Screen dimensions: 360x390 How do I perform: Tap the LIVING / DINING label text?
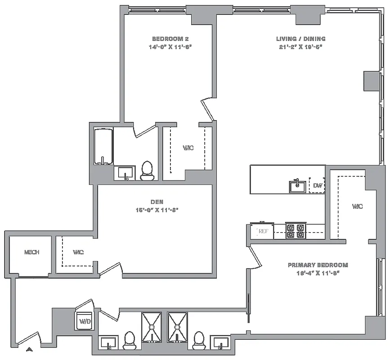(x=300, y=39)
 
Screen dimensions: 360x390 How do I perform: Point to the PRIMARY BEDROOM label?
(x=318, y=265)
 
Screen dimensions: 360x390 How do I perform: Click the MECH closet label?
(x=31, y=252)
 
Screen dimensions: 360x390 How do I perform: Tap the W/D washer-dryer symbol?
(x=84, y=321)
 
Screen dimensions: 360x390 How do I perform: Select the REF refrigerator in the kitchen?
(x=263, y=232)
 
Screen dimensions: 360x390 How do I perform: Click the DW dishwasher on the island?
(x=318, y=185)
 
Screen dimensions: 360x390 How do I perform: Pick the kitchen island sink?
(x=297, y=185)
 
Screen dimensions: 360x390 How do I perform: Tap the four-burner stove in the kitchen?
(x=296, y=231)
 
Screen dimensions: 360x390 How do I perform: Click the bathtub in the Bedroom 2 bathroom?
(x=103, y=147)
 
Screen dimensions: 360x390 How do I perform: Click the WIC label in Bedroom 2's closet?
(x=188, y=148)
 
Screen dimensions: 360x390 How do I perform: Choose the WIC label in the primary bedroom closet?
(x=357, y=207)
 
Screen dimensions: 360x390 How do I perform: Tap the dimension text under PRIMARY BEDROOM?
(x=318, y=273)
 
